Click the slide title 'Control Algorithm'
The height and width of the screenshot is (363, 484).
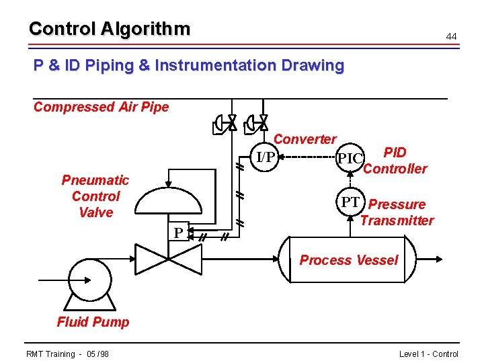110,29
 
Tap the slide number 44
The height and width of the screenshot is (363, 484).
451,35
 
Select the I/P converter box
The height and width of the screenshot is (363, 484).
266,157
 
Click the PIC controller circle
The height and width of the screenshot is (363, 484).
350,159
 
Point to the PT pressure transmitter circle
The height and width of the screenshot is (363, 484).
350,202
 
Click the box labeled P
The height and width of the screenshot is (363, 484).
178,233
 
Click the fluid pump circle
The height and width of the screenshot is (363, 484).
89,278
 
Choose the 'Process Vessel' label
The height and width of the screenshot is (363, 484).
348,260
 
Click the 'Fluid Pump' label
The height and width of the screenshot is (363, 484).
93,322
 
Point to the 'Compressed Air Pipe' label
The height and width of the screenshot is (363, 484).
101,107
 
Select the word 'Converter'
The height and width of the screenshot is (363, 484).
305,139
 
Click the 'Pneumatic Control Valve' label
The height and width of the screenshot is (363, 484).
95,196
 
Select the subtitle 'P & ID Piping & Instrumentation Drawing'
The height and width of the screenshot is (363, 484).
189,66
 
